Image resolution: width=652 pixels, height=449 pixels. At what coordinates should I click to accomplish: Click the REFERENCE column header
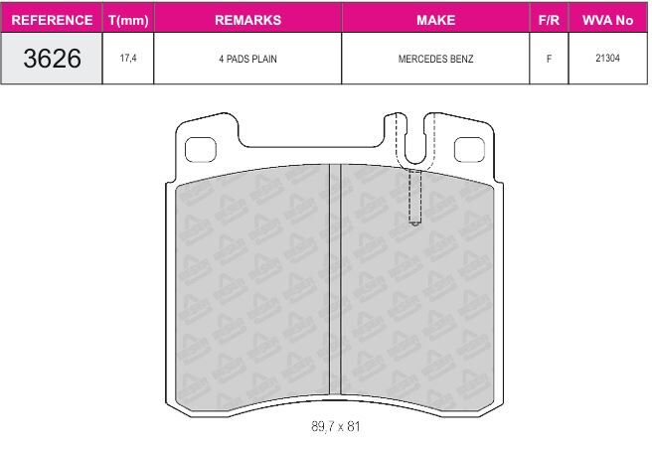click(52, 20)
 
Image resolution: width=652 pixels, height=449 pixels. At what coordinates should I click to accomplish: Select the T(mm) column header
click(128, 21)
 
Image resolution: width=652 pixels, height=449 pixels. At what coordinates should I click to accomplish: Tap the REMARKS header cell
click(247, 20)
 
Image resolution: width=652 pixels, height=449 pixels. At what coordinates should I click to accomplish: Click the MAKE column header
click(435, 20)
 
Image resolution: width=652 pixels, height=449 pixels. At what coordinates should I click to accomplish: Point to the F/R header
click(549, 20)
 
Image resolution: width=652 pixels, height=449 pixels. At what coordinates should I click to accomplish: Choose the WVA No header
click(607, 20)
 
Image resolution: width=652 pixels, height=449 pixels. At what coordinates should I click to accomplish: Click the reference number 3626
click(52, 59)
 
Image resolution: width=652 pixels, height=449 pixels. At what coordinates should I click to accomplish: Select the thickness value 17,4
click(128, 58)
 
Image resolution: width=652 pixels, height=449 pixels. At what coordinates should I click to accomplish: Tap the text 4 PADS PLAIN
click(247, 59)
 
